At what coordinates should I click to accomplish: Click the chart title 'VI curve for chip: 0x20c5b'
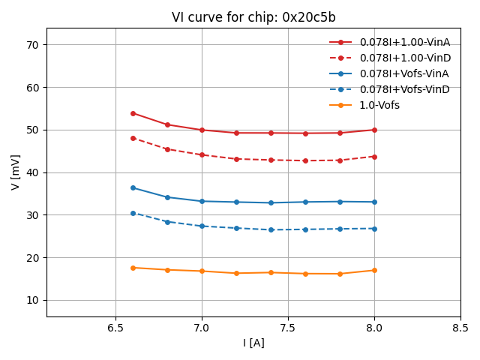[253, 17]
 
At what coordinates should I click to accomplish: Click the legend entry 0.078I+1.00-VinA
[404, 42]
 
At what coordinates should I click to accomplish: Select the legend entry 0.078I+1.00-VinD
[404, 58]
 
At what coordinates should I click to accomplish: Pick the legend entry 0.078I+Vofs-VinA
[404, 73]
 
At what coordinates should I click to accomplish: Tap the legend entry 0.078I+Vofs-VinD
[404, 89]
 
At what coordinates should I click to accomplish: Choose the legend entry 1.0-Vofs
[379, 105]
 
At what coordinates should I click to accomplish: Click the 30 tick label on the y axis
[33, 215]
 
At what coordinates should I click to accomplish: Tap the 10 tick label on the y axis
[33, 300]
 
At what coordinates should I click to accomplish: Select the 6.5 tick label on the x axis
[115, 328]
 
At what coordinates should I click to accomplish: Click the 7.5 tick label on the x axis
[288, 328]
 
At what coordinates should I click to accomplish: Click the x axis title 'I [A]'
[253, 343]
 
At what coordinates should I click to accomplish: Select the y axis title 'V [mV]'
[16, 172]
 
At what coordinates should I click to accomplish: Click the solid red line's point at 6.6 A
[133, 113]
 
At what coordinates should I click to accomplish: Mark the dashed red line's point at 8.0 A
[374, 157]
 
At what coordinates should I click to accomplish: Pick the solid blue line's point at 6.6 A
[133, 187]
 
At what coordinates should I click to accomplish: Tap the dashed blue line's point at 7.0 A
[202, 226]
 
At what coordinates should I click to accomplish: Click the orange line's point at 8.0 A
[374, 270]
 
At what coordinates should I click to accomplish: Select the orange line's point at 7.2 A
[236, 273]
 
